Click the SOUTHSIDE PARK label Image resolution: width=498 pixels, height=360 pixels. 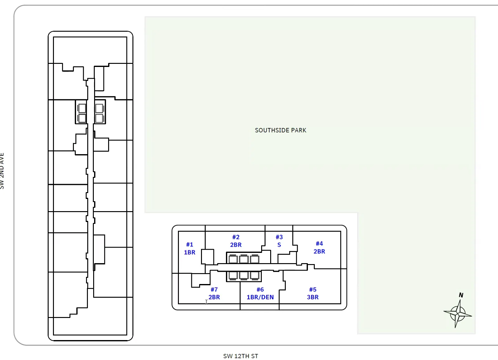280,130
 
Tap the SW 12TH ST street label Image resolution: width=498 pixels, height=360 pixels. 241,356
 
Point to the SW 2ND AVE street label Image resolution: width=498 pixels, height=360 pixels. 2,171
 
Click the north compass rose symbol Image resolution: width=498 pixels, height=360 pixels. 458,314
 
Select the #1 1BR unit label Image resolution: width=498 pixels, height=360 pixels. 190,249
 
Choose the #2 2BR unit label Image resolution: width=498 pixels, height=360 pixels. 236,241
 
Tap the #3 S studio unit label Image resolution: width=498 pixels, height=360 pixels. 279,241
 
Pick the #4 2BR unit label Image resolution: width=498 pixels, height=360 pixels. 319,248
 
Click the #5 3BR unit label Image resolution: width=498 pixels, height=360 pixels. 313,293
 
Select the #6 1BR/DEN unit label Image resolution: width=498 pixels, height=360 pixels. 260,293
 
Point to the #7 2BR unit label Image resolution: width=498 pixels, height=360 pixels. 214,293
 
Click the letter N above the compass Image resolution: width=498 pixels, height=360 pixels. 461,295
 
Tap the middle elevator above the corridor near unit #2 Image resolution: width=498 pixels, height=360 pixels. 244,259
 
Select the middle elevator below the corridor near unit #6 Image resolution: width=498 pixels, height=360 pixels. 244,276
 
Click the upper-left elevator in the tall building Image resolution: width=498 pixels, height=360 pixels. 82,108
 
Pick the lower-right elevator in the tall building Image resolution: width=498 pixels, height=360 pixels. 99,118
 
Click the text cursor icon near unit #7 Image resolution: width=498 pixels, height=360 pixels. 206,302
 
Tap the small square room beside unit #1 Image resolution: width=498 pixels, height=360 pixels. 208,257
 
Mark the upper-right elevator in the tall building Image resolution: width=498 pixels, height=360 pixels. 99,108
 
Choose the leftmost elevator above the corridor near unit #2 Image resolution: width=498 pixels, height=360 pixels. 233,259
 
